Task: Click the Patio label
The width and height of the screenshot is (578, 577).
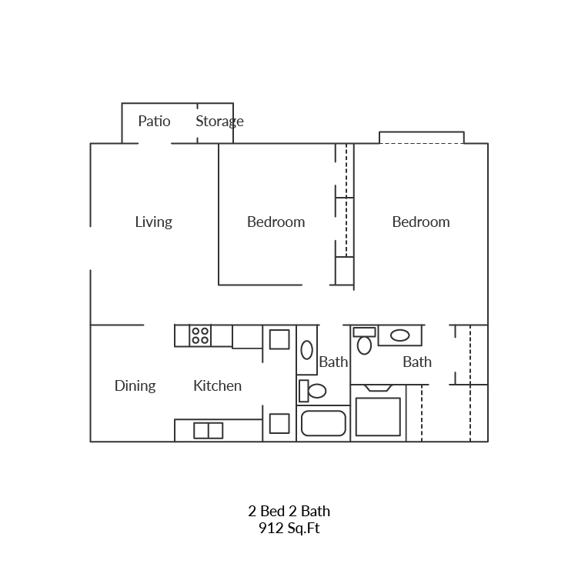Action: pyautogui.click(x=154, y=121)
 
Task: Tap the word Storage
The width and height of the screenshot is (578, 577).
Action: pyautogui.click(x=219, y=121)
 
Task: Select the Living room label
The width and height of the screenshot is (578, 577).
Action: pyautogui.click(x=153, y=222)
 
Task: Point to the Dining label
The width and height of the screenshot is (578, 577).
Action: pyautogui.click(x=135, y=385)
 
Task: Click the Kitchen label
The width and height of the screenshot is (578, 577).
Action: pyautogui.click(x=217, y=385)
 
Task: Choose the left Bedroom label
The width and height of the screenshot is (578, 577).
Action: pyautogui.click(x=276, y=222)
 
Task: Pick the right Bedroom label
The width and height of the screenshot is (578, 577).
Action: pyautogui.click(x=420, y=222)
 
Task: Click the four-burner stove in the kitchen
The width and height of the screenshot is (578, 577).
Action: pyautogui.click(x=200, y=335)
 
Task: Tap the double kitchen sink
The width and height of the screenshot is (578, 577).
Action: pyautogui.click(x=208, y=430)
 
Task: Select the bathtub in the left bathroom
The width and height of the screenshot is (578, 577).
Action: pyautogui.click(x=323, y=424)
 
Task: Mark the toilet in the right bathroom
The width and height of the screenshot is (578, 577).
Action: pyautogui.click(x=364, y=341)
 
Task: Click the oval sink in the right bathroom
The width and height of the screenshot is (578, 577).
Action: pyautogui.click(x=399, y=335)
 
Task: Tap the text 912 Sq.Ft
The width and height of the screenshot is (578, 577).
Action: pyautogui.click(x=289, y=529)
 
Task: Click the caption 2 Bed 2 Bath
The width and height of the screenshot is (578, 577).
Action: pyautogui.click(x=289, y=511)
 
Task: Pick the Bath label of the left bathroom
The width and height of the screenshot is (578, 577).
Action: pyautogui.click(x=333, y=362)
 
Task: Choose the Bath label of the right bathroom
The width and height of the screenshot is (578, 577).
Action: pyautogui.click(x=417, y=362)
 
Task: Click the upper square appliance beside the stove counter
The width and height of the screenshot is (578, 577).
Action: pyautogui.click(x=279, y=339)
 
